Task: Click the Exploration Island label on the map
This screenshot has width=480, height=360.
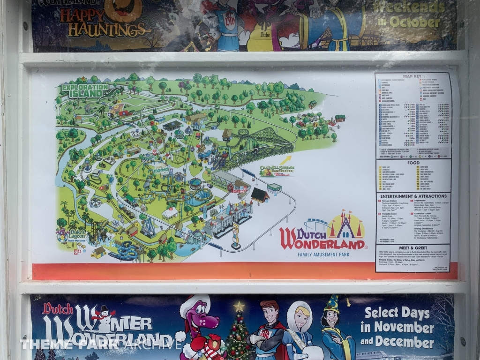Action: [84, 90]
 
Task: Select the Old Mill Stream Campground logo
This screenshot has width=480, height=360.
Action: [277, 171]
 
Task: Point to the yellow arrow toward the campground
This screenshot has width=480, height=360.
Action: [285, 160]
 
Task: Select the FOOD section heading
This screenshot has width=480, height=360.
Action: [413, 163]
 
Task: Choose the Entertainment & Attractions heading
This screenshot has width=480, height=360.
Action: [413, 196]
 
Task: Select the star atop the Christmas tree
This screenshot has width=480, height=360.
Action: [239, 307]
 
